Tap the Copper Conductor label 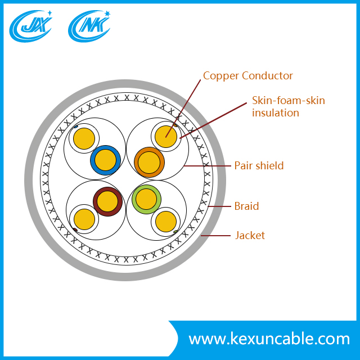point(247,76)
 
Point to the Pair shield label point(259,166)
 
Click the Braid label point(246,206)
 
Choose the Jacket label point(249,235)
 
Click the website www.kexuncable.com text point(269,339)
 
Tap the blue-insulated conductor point(105,161)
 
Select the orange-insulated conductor point(149,162)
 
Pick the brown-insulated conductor point(107,201)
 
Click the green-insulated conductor point(146,199)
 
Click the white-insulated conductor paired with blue point(85,137)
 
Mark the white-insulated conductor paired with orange point(166,136)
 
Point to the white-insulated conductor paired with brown point(84,219)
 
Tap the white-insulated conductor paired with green point(165,221)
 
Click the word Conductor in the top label point(267,76)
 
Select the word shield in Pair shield point(270,166)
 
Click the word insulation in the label point(275,113)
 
